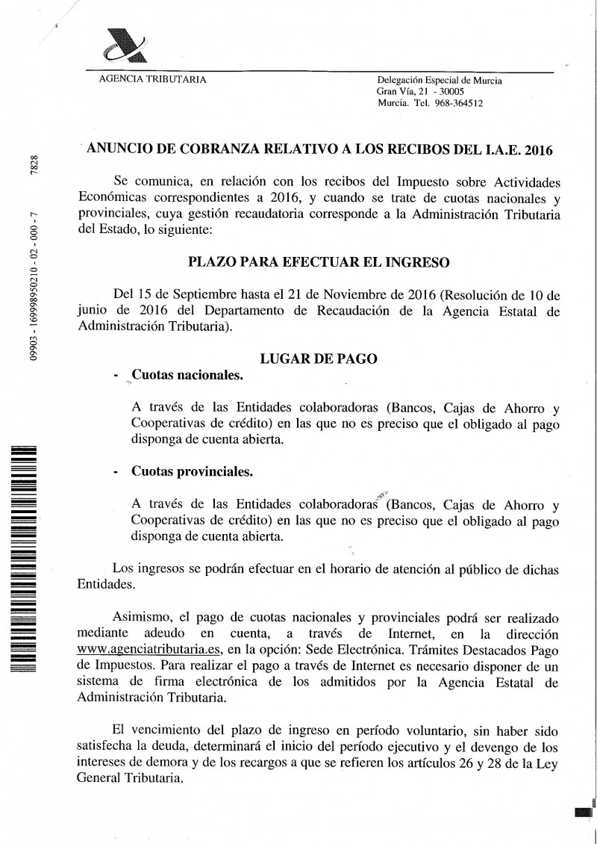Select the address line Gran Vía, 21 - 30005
(x=421, y=92)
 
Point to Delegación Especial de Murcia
(x=440, y=81)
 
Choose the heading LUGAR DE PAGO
(x=318, y=359)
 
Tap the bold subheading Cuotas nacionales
(x=187, y=376)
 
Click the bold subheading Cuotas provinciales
(x=192, y=472)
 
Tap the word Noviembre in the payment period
(x=363, y=291)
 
